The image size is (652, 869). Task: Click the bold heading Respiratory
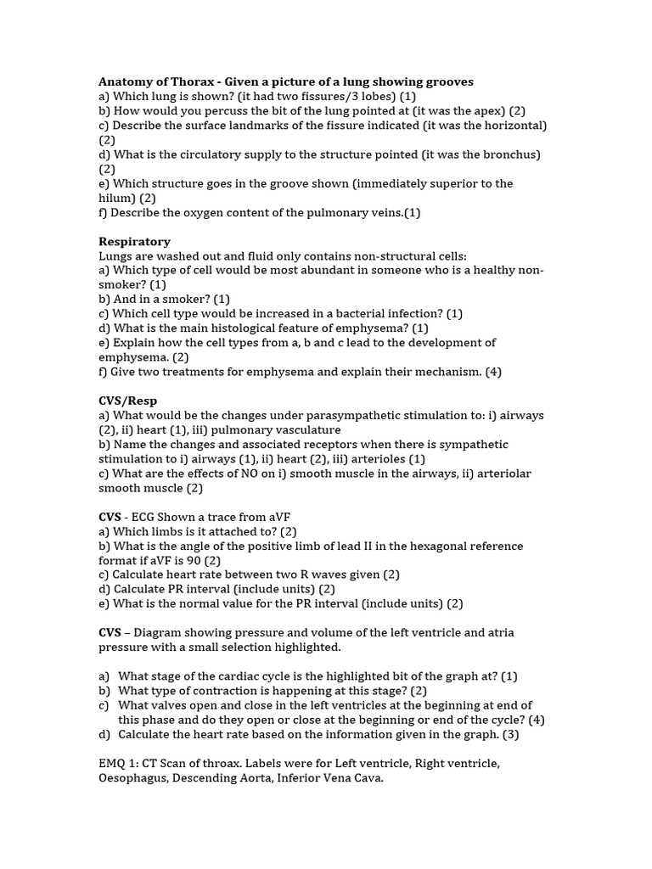tap(134, 241)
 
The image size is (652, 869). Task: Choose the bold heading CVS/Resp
tap(128, 401)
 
